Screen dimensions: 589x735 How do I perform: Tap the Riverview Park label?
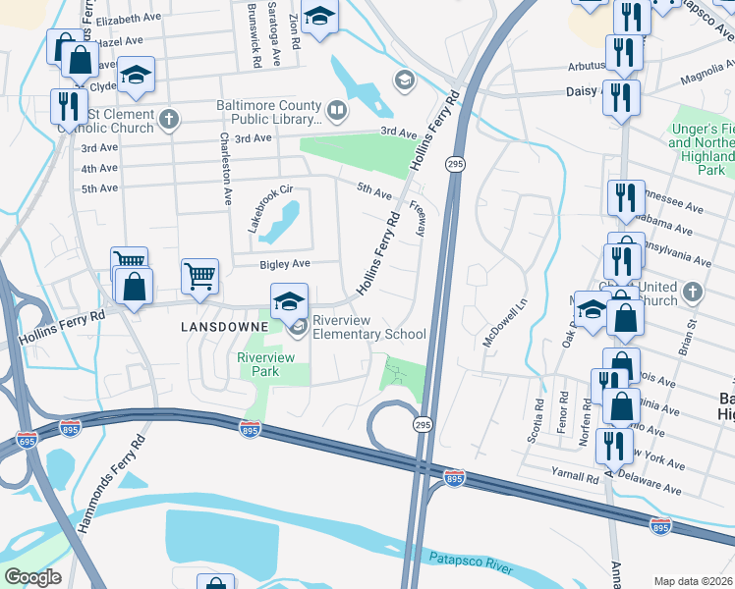[x=265, y=365]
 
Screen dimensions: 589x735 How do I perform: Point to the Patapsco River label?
[x=473, y=562]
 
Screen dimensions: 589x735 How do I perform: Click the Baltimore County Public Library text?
[x=269, y=113]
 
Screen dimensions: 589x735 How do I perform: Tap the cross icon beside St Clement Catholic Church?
[x=170, y=120]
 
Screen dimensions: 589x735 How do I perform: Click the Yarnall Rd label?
[x=575, y=477]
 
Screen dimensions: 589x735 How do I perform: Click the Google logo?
[x=32, y=577]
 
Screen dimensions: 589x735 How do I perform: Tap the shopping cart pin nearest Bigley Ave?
[x=199, y=276]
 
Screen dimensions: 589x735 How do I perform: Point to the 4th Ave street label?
[x=99, y=169]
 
